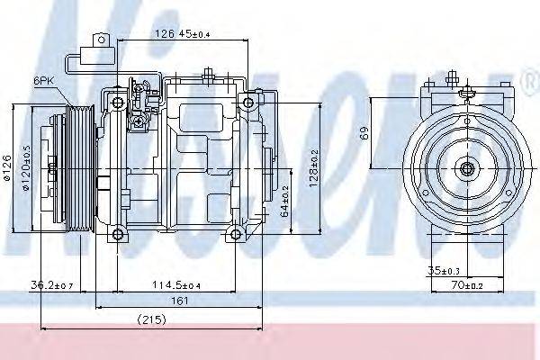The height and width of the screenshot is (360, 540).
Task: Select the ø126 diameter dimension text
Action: click(7, 169)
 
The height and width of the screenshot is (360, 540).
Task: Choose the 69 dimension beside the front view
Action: click(364, 134)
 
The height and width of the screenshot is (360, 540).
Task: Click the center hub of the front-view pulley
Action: click(466, 168)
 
